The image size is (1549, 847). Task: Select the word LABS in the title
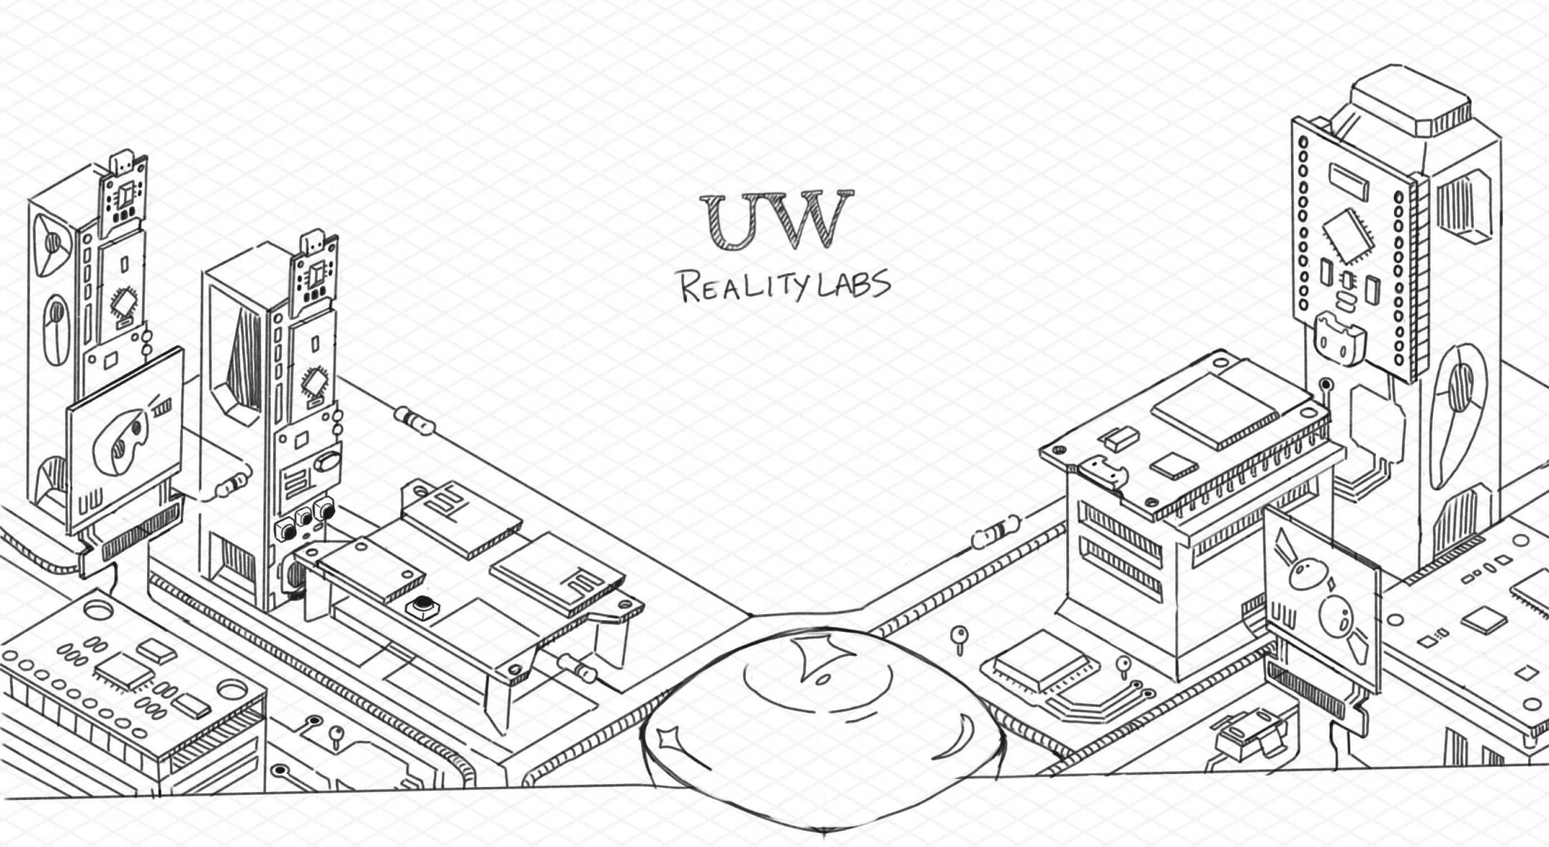(857, 284)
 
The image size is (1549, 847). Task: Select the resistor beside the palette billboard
(231, 484)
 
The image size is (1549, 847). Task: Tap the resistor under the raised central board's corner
(578, 669)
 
